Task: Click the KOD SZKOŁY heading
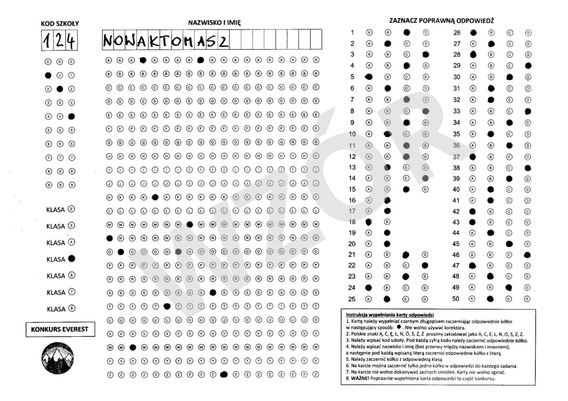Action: pyautogui.click(x=60, y=24)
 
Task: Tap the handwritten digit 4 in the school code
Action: pyautogui.click(x=71, y=41)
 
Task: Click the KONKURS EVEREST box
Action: pyautogui.click(x=60, y=329)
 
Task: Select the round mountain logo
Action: pyautogui.click(x=58, y=358)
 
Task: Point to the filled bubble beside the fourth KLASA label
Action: pyautogui.click(x=72, y=259)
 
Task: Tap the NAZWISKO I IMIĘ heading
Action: pyautogui.click(x=214, y=23)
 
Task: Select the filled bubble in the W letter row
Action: pyautogui.click(x=133, y=347)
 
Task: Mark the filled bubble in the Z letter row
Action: pyautogui.click(x=224, y=375)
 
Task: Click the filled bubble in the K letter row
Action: pyautogui.click(x=155, y=197)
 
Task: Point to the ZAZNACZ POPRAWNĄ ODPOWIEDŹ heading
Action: pyautogui.click(x=441, y=21)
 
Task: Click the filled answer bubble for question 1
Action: pyautogui.click(x=407, y=32)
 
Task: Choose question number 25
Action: pyautogui.click(x=352, y=299)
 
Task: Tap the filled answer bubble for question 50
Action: pyautogui.click(x=490, y=299)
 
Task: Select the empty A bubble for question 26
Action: pyautogui.click(x=473, y=33)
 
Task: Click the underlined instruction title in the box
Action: pyautogui.click(x=390, y=315)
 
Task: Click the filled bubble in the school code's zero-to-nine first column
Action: pyautogui.click(x=48, y=75)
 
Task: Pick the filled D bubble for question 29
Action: pyautogui.click(x=528, y=66)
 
